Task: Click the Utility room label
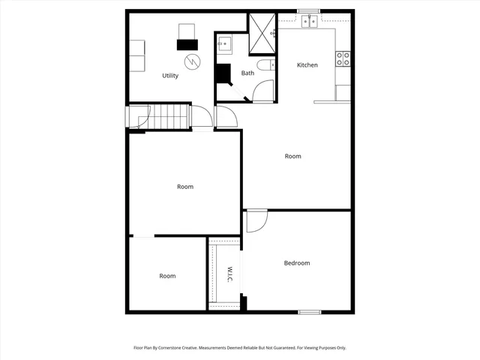point(170,76)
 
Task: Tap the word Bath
point(247,73)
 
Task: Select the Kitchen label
point(307,65)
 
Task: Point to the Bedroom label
point(296,263)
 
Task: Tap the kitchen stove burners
point(343,58)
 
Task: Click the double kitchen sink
point(309,22)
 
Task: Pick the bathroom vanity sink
point(225,44)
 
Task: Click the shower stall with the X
point(262,30)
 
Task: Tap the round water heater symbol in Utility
point(192,62)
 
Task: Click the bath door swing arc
point(264,90)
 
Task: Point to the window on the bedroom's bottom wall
point(310,312)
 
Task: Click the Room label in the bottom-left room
point(167,276)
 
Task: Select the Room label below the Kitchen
point(292,156)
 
